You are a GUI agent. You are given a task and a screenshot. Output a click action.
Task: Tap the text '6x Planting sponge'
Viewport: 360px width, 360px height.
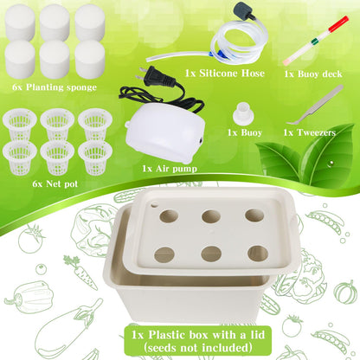(55, 87)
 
